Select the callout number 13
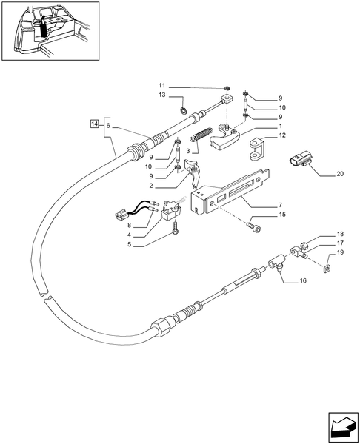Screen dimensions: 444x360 coord(161,96)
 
